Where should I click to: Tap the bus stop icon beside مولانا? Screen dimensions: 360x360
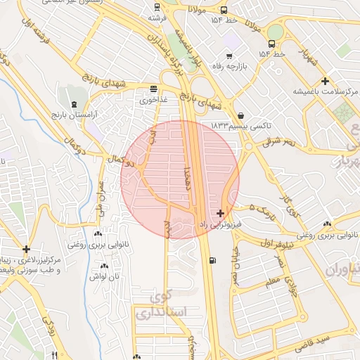pyautogui.click(x=224, y=11)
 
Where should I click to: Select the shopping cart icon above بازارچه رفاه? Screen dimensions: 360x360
pyautogui.click(x=229, y=56)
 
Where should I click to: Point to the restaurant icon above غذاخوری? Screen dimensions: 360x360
pyautogui.click(x=153, y=89)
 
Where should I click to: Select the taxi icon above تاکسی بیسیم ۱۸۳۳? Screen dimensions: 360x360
pyautogui.click(x=241, y=115)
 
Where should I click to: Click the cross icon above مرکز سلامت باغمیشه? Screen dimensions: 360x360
pyautogui.click(x=324, y=81)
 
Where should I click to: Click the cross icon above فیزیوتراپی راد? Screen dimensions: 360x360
pyautogui.click(x=221, y=212)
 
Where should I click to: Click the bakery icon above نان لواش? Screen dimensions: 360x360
pyautogui.click(x=104, y=266)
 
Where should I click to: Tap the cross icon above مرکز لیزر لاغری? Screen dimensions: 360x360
pyautogui.click(x=26, y=249)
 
